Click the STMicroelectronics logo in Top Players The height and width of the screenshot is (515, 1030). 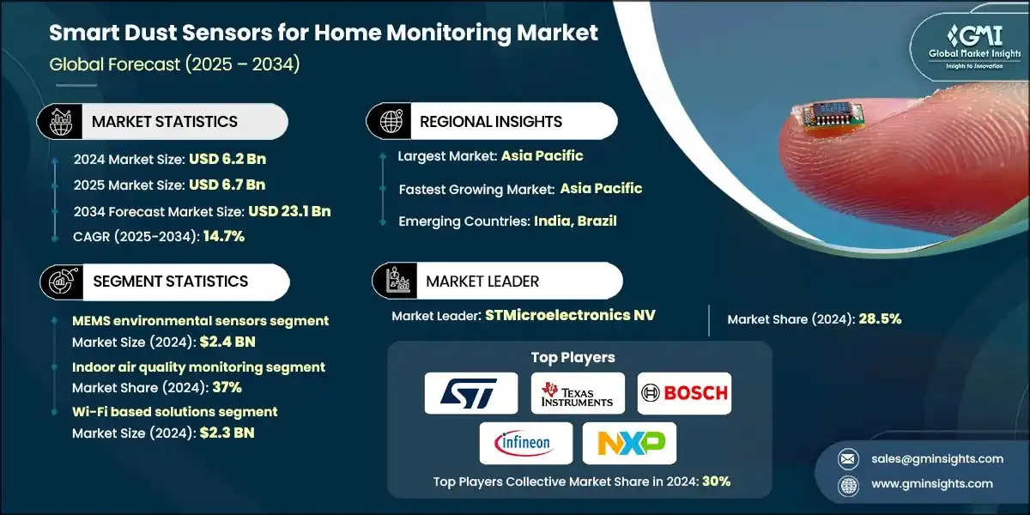pyautogui.click(x=471, y=393)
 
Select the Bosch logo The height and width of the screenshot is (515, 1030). pyautogui.click(x=684, y=393)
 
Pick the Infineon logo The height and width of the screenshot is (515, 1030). pyautogui.click(x=523, y=443)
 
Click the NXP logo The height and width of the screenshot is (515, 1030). pyautogui.click(x=629, y=443)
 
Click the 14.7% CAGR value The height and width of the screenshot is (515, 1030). pyautogui.click(x=223, y=237)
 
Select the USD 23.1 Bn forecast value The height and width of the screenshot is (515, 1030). pyautogui.click(x=289, y=211)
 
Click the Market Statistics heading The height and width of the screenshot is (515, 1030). pyautogui.click(x=165, y=122)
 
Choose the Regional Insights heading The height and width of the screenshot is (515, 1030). pyautogui.click(x=491, y=122)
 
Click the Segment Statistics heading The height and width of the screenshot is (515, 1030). pyautogui.click(x=170, y=282)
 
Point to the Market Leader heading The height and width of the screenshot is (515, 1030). pyautogui.click(x=482, y=282)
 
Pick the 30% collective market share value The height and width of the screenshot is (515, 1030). pyautogui.click(x=716, y=482)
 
